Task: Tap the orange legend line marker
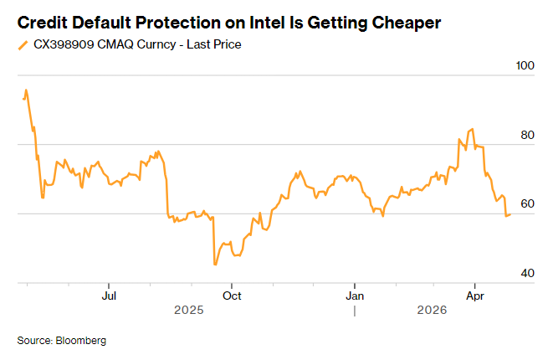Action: (22, 44)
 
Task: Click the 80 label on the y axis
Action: (525, 135)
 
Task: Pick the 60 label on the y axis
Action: (525, 204)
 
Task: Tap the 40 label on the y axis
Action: (525, 274)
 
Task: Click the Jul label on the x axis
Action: (108, 296)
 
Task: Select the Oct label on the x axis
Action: (232, 296)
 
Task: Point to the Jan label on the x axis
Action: (355, 296)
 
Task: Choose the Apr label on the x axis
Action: (475, 296)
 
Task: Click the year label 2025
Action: (189, 311)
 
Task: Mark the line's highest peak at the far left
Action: (26, 90)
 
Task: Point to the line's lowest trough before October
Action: (215, 265)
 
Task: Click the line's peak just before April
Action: (473, 129)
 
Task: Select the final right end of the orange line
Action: (510, 215)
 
